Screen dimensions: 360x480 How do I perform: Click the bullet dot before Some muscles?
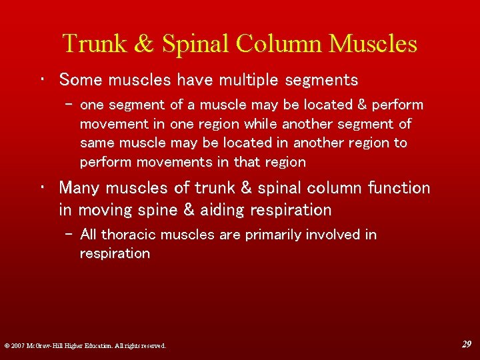point(43,80)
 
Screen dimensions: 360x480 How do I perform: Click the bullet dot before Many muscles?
point(43,188)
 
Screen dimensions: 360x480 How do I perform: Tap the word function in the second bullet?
point(399,188)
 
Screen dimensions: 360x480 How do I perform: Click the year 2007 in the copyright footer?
point(17,346)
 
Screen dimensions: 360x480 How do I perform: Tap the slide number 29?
point(466,344)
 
